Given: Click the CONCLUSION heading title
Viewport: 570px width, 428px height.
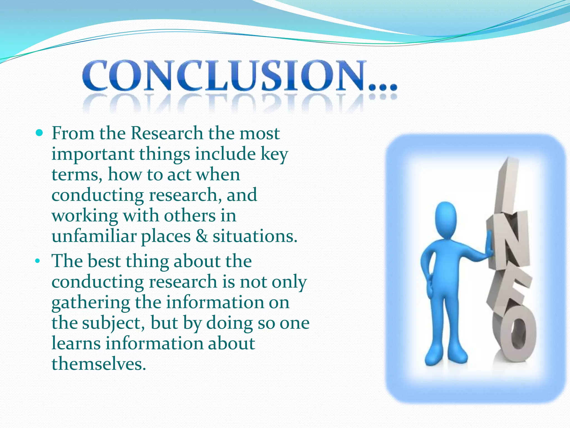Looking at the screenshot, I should point(223,76).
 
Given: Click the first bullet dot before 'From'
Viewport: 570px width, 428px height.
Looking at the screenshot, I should point(40,133).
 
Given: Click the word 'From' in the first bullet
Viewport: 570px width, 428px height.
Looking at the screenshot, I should point(73,133).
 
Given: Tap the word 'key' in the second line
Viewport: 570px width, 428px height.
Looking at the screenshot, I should point(274,154).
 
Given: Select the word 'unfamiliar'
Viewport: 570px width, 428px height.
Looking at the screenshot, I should point(94,236).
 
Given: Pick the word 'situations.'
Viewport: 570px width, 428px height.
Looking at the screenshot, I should point(255,236).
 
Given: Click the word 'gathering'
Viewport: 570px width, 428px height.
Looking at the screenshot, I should point(91,303).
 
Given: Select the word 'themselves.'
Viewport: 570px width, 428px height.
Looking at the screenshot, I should point(99,364).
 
